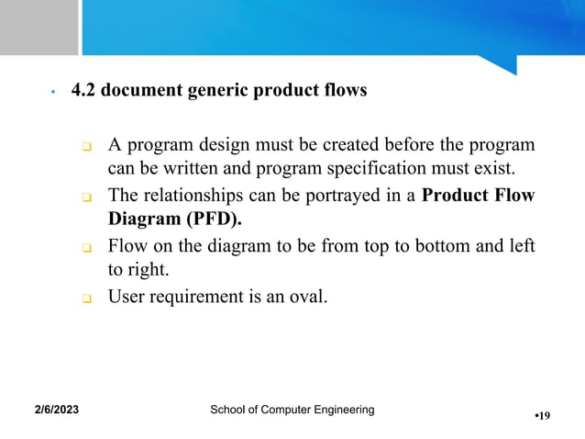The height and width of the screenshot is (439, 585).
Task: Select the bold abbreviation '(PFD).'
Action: [218, 220]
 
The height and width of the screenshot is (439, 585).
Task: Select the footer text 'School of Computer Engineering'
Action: [292, 409]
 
